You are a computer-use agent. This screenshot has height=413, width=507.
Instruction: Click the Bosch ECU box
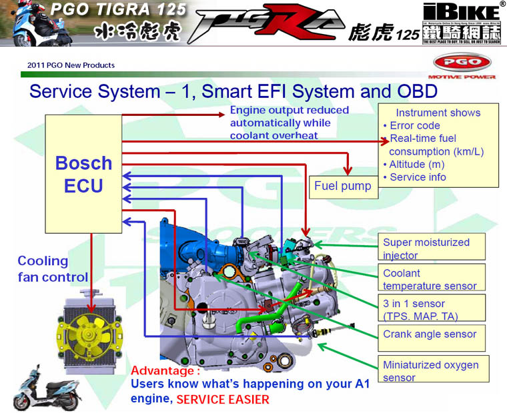[x=83, y=173]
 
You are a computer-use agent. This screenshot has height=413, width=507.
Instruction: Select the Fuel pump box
[x=342, y=187]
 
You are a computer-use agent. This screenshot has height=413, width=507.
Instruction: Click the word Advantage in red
[x=165, y=370]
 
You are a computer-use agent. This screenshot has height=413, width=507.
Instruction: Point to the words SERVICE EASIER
[x=223, y=400]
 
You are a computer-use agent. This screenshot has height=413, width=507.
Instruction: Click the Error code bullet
[x=414, y=126]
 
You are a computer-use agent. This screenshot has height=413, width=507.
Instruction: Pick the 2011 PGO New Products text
[x=71, y=65]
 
